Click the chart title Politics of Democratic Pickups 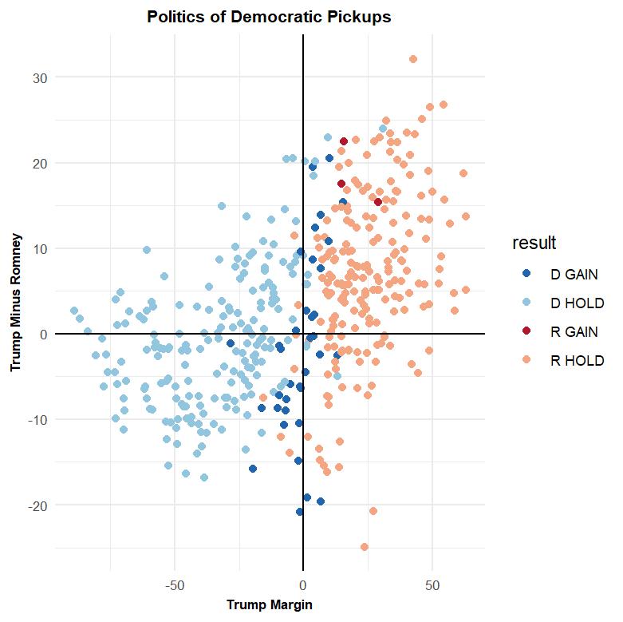(270, 17)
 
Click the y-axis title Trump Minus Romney (15, 303)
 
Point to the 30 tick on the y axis (41, 77)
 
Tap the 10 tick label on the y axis (41, 248)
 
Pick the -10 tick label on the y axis (39, 420)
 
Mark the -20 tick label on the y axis (39, 505)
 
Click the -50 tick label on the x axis (174, 584)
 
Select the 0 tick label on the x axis (303, 584)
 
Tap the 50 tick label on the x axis (432, 584)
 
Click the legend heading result (534, 243)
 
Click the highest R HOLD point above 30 (413, 59)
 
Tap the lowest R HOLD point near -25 (365, 547)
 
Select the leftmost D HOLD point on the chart (74, 311)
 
